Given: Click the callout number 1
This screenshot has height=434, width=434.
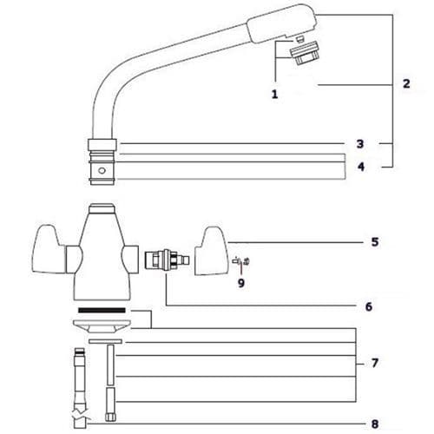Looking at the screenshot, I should coord(274,93).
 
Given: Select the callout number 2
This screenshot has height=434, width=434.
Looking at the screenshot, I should coord(406,84).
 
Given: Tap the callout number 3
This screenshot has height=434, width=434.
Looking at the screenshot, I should coord(359,143).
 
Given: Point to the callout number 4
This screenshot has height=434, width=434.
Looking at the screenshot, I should coord(359,167).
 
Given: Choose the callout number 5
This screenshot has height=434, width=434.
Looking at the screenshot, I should coord(374,241).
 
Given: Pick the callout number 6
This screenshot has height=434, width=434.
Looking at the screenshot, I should coord(369,306).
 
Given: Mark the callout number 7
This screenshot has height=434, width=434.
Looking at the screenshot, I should coord(374,363).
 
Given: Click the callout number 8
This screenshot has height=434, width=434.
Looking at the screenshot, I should coord(374,424).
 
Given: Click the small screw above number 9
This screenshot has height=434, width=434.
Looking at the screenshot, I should coord(241,260).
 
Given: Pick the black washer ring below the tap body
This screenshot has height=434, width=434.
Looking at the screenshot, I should coord(102,309).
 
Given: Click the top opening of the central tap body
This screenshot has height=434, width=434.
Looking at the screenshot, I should coord(102,209).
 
